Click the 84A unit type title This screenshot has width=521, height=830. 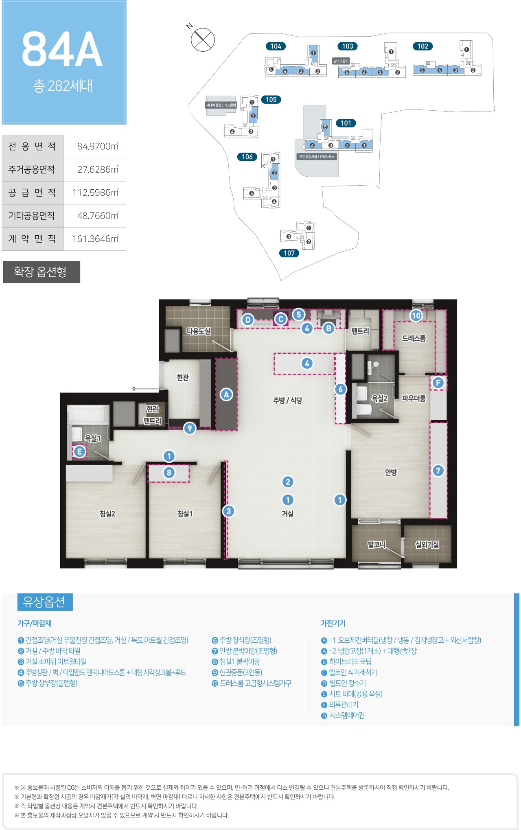62,50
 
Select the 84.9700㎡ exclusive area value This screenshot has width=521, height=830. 98,146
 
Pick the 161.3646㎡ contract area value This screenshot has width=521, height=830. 95,239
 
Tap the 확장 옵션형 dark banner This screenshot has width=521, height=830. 42,272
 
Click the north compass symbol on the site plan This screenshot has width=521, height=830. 202,39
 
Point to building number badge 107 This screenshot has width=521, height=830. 289,253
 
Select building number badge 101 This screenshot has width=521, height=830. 346,123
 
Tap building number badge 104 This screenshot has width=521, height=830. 276,46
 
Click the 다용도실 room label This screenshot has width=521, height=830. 199,331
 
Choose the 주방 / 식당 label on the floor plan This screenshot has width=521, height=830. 288,401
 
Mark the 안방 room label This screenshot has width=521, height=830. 391,472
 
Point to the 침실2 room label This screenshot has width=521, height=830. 107,514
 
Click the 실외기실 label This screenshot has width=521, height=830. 427,545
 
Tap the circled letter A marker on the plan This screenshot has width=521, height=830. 226,394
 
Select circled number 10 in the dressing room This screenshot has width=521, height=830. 416,315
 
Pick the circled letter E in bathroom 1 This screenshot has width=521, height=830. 79,451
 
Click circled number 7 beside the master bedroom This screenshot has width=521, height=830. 438,471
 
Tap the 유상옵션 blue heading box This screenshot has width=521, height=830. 45,602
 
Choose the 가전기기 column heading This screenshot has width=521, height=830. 333,623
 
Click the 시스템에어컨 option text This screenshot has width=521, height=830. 347,715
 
